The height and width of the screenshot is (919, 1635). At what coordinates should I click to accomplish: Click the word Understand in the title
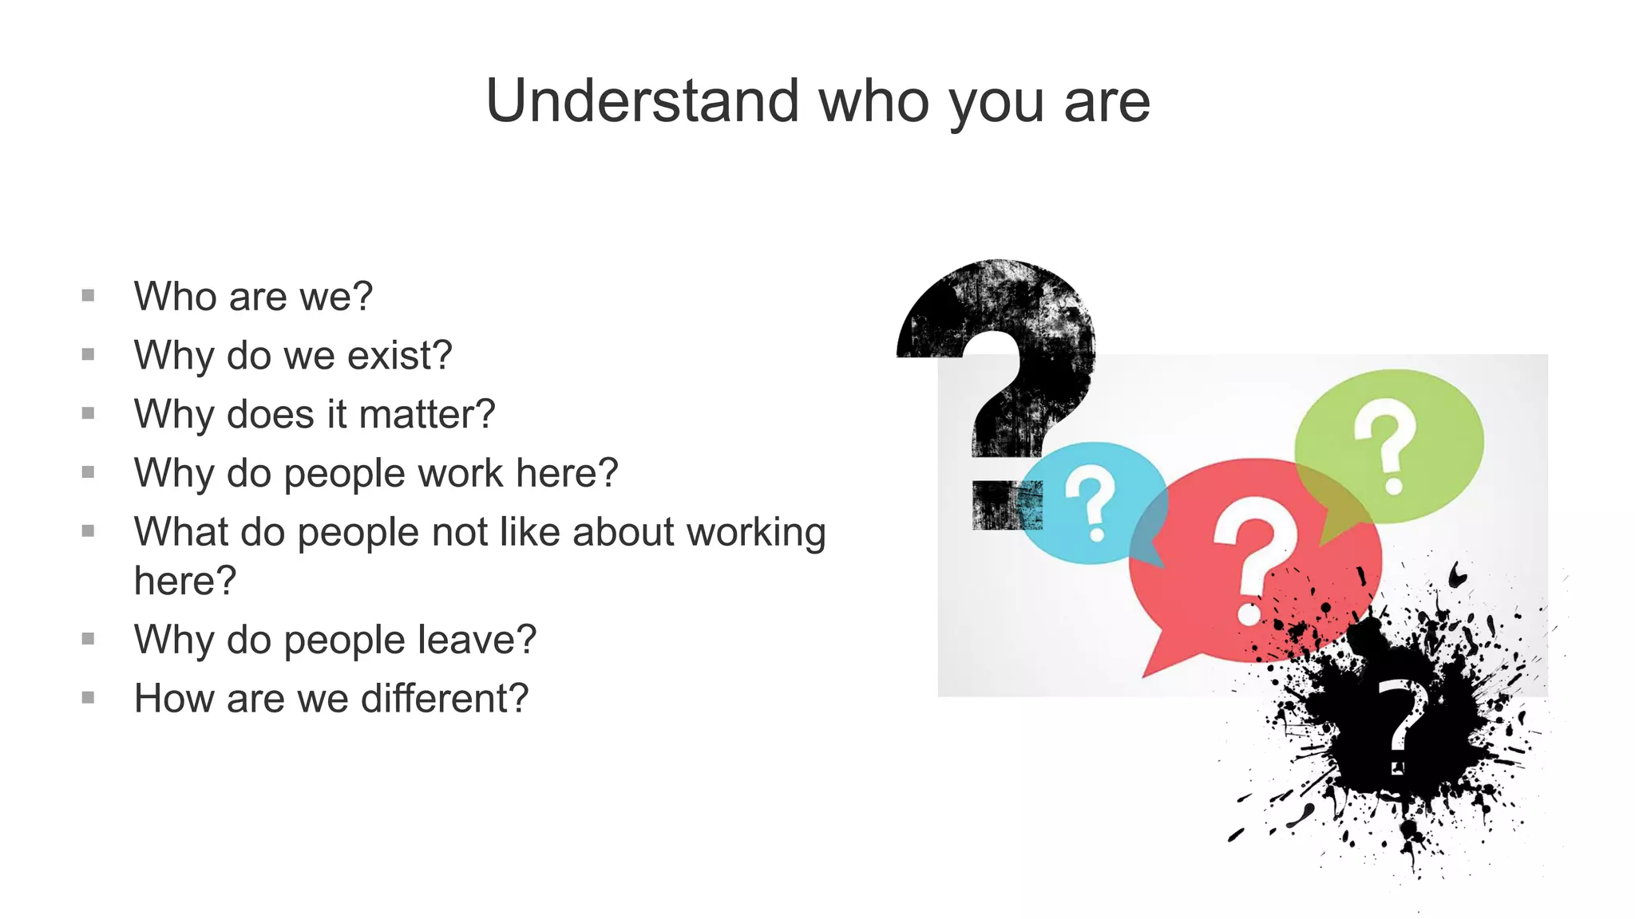coord(643,101)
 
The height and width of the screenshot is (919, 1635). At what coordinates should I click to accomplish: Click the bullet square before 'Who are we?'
coord(89,296)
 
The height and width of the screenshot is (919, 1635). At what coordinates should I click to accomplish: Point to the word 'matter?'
coord(427,415)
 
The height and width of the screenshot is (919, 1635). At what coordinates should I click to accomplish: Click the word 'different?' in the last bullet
coord(445,699)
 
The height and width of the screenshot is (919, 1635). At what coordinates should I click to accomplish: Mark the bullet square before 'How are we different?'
coord(89,698)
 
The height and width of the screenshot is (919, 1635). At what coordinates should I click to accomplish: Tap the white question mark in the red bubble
coord(1253,558)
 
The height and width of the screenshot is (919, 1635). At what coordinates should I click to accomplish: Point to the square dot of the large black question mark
coord(1004,505)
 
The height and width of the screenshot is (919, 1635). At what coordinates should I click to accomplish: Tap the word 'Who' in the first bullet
coord(175,297)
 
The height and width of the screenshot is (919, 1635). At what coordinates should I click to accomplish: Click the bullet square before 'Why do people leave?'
coord(89,639)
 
